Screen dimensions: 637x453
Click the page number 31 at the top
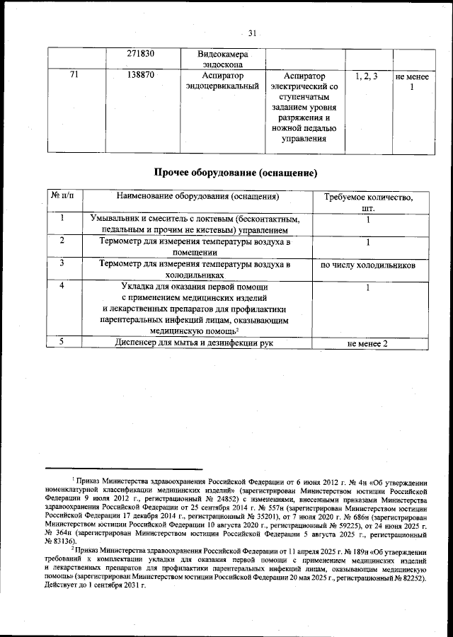(253, 32)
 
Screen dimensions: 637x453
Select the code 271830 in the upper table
(141, 54)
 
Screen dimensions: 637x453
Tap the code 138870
(141, 76)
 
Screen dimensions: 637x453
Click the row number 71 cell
(74, 76)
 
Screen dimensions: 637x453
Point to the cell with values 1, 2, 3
(365, 76)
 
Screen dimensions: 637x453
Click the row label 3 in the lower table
(62, 263)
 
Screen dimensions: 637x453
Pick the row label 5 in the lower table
(62, 343)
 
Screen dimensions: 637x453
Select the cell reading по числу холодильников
(368, 265)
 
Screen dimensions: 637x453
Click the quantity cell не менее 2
(368, 343)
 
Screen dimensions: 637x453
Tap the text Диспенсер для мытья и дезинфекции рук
(194, 343)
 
